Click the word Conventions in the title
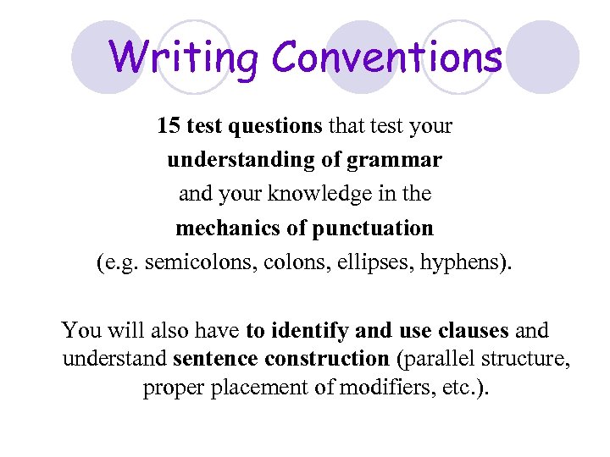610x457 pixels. [x=387, y=58]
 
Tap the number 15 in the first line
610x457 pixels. [x=169, y=126]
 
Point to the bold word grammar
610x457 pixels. [x=400, y=160]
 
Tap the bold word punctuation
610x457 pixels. [x=373, y=228]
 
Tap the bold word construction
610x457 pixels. [x=326, y=359]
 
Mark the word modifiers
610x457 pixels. [x=390, y=388]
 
